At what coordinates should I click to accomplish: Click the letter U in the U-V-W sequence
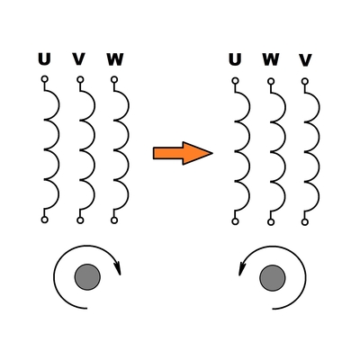tap(44, 59)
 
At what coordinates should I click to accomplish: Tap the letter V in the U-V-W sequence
tap(79, 59)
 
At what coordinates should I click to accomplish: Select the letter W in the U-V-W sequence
tap(115, 59)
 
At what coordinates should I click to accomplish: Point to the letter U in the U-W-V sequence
tap(235, 59)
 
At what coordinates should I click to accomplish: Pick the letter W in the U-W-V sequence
tap(271, 59)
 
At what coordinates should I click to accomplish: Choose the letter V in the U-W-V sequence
tap(305, 60)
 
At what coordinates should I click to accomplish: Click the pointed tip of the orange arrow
tap(212, 153)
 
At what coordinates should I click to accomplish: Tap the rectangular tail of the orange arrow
tap(168, 153)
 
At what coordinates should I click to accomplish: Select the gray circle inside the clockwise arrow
tap(87, 277)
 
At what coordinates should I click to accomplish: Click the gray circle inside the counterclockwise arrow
tap(273, 278)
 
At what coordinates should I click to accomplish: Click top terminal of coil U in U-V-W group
tap(44, 79)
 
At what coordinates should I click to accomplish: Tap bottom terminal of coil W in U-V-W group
tap(114, 220)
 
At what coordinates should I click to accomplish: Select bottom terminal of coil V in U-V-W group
tap(80, 220)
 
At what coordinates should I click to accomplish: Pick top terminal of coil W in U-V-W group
tap(114, 79)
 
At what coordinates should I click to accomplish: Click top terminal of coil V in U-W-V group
tap(305, 81)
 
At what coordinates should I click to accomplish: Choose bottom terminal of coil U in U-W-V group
tap(235, 221)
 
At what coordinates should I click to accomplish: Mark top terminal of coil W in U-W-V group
tap(271, 81)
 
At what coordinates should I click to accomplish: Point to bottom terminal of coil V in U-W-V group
tap(305, 222)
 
